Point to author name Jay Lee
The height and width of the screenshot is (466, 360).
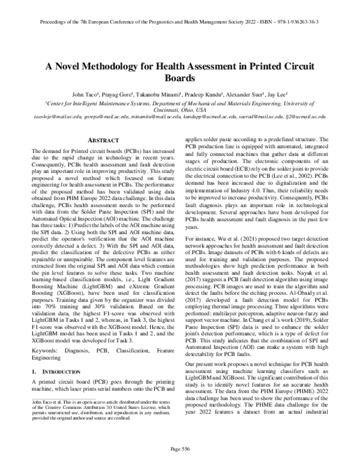(x=277, y=94)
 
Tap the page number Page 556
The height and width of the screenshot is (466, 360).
(x=179, y=449)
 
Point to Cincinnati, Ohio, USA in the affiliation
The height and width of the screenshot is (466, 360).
(x=180, y=109)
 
